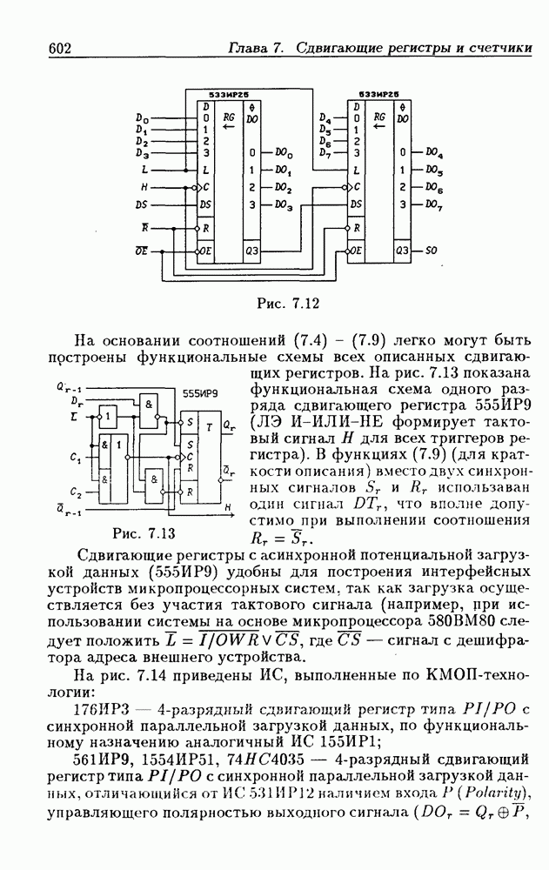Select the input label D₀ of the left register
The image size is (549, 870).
click(143, 117)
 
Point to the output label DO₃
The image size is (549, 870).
click(283, 205)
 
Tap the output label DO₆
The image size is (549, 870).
click(434, 187)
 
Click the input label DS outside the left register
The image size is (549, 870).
click(142, 206)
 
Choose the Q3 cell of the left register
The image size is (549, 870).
click(251, 251)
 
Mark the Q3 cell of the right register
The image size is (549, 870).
click(401, 251)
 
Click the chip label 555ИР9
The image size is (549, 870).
click(200, 392)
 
